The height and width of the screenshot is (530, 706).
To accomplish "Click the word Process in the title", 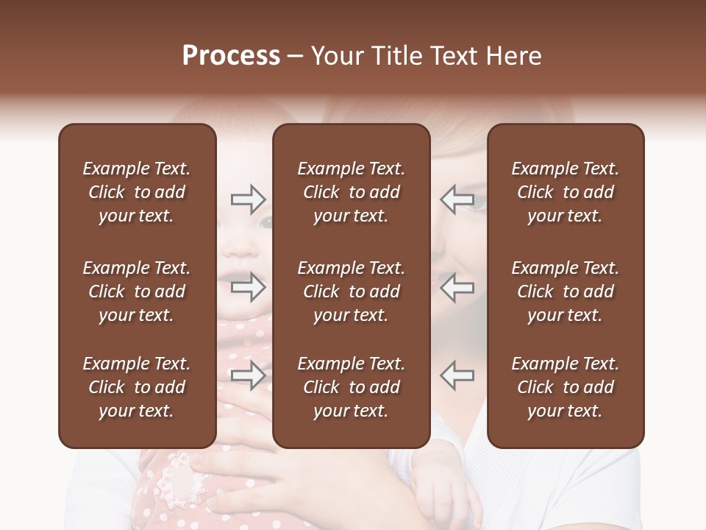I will tap(231, 56).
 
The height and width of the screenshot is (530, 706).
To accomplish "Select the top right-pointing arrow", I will tap(249, 199).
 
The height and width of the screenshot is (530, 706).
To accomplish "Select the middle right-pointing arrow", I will tap(249, 287).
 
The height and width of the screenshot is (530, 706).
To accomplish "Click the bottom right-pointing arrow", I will tap(249, 375).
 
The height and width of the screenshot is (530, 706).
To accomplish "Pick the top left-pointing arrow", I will tap(457, 199).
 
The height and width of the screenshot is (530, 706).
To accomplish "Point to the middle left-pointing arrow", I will tap(457, 287).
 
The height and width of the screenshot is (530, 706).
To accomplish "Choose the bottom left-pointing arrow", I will tap(457, 375).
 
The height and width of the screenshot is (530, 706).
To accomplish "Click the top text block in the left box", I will tap(137, 192).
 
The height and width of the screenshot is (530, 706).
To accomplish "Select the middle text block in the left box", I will tap(137, 291).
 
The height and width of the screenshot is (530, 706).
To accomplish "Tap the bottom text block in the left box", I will tap(137, 387).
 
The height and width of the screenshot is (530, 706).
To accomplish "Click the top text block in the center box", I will tap(351, 192).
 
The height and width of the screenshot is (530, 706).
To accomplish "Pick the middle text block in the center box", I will tap(351, 291).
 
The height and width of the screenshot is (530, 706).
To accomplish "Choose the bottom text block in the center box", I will tap(351, 387).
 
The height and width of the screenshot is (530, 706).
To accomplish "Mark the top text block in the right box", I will tap(565, 192).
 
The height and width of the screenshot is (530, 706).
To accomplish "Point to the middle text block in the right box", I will tap(565, 291).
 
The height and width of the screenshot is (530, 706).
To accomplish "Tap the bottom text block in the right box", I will tap(565, 387).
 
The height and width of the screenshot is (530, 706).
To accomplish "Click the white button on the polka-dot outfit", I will tap(181, 475).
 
